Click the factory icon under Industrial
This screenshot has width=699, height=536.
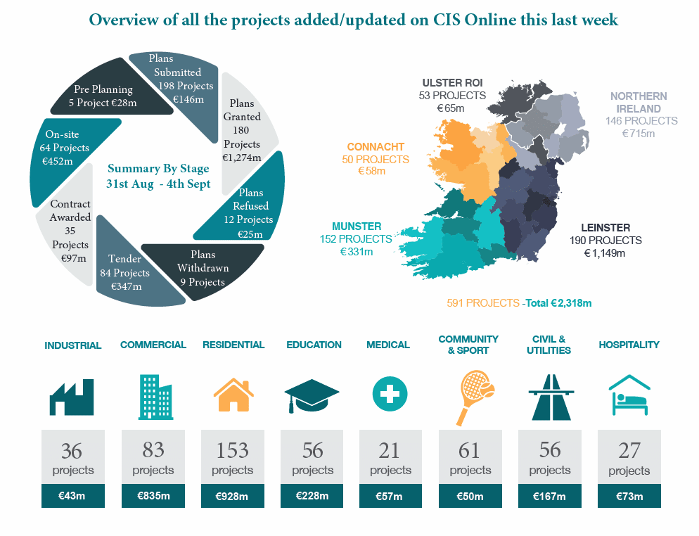tap(72, 397)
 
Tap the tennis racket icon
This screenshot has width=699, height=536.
tap(475, 397)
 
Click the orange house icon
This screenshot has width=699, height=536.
tap(233, 395)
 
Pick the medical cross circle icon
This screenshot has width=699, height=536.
tap(390, 394)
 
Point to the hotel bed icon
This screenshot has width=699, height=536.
tap(629, 395)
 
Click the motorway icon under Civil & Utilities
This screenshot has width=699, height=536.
tap(551, 397)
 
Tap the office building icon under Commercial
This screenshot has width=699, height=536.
tap(155, 397)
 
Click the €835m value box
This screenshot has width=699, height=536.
tap(153, 495)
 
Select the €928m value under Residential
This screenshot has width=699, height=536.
tap(232, 496)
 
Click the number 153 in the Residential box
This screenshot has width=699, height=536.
tap(232, 450)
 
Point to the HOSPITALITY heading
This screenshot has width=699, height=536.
tap(629, 345)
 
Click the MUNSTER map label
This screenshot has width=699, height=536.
tap(357, 226)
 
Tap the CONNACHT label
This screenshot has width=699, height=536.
tap(376, 147)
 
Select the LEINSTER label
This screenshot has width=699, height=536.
tap(605, 227)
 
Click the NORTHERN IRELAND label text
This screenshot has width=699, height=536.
tap(639, 103)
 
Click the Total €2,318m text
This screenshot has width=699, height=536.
tap(558, 303)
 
